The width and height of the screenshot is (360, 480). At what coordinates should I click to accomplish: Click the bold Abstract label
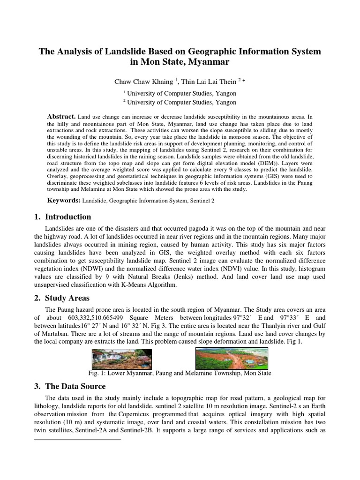(61, 116)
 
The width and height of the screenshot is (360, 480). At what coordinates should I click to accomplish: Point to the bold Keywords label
(64, 200)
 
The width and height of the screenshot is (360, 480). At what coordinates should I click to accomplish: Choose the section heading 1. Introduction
(62, 217)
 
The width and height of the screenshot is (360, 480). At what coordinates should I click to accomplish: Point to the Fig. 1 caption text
(180, 373)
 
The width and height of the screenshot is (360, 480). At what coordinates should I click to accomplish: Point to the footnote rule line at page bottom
(78, 440)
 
